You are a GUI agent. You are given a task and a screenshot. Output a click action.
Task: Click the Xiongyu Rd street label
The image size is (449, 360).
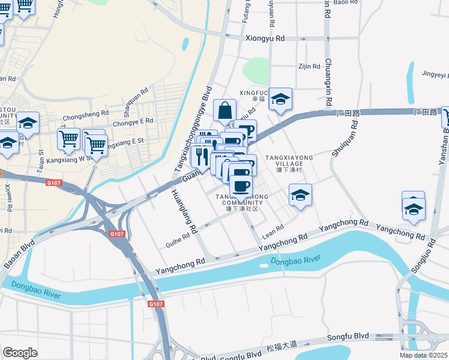265,38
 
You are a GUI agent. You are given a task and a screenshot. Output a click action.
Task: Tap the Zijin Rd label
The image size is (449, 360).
309,67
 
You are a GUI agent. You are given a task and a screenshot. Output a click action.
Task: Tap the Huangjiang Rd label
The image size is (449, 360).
184,211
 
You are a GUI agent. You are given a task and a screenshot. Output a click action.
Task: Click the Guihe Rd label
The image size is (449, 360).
177,241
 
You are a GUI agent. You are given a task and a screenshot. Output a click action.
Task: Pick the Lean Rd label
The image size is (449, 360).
273,230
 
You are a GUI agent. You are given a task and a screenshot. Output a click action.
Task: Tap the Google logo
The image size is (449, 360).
20,353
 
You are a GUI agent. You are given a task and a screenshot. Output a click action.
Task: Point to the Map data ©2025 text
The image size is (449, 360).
423,355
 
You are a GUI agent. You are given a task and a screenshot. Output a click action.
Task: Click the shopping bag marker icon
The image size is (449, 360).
224,112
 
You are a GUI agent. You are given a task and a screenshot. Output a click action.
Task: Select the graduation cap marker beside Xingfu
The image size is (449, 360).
280,100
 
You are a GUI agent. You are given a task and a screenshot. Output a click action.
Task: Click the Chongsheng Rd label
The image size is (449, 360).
86,112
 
